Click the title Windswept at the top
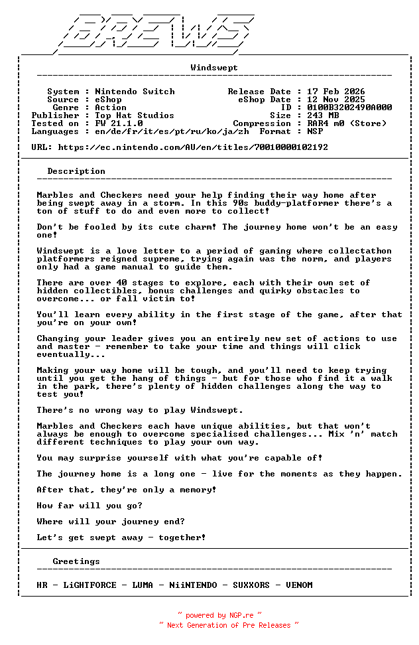[x=214, y=68]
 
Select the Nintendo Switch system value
[x=135, y=92]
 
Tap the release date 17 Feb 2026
[x=335, y=92]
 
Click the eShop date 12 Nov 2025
[x=335, y=100]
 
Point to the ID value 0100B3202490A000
[x=349, y=107]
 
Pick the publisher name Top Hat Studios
[x=135, y=115]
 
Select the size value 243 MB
[x=322, y=115]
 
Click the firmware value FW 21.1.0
[x=119, y=123]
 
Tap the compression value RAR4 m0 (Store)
[x=346, y=123]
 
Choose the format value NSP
[x=314, y=131]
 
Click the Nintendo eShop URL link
[x=193, y=147]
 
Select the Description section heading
[x=76, y=171]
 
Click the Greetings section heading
[x=76, y=561]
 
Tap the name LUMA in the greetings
[x=143, y=585]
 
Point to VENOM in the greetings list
[x=299, y=585]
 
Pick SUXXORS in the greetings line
[x=251, y=585]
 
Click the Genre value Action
[x=111, y=107]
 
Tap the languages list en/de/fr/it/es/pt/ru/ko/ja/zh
[x=172, y=131]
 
